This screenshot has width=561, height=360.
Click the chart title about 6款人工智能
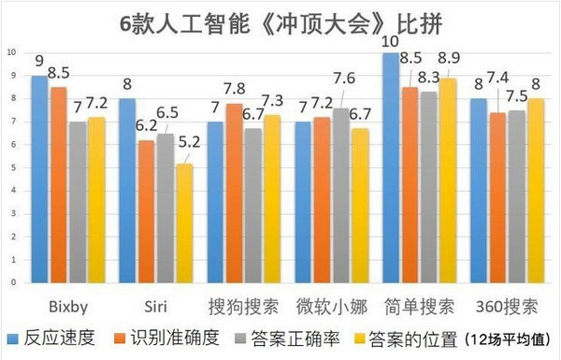click(280, 21)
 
